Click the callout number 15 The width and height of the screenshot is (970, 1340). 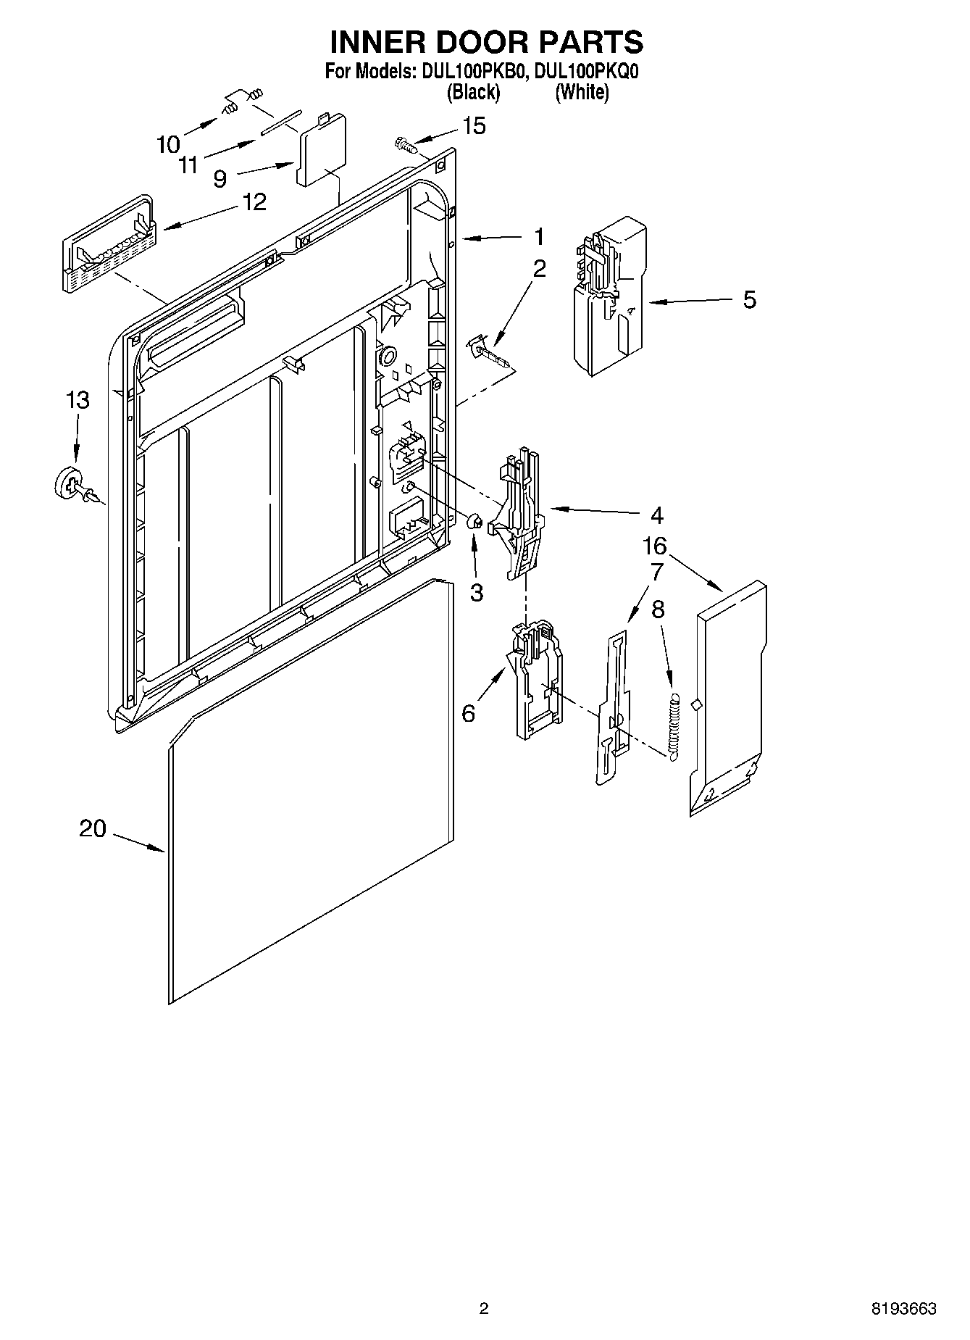coord(474,126)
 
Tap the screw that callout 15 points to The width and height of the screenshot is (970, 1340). coord(406,144)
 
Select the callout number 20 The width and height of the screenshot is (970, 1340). coord(93,828)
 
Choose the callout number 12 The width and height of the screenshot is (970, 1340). coord(254,202)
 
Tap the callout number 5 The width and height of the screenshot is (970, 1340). coord(749,299)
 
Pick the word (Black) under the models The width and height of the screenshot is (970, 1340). coord(473,92)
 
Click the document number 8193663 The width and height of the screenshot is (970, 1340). coord(903,1309)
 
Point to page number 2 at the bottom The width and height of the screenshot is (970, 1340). coord(484,1309)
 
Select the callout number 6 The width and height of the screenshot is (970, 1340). coord(469,713)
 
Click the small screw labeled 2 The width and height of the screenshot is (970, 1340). coord(487,352)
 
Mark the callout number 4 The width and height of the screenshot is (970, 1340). coord(656,515)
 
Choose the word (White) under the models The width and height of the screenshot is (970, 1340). coord(582,92)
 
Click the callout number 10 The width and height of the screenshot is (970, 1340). coord(168,144)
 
